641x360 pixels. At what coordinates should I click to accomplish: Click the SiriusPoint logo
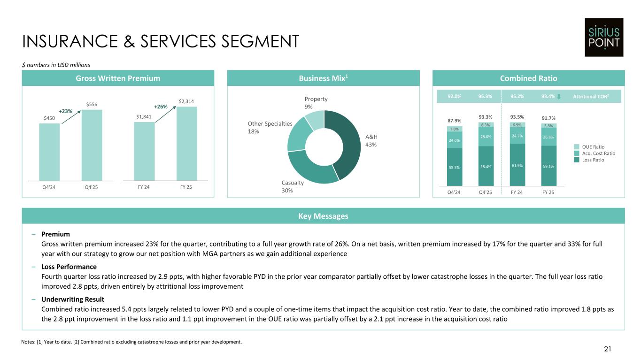coord(603,37)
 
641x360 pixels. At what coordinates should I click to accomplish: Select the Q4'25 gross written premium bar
coord(92,145)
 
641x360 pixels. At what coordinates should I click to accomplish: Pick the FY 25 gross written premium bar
coord(187,144)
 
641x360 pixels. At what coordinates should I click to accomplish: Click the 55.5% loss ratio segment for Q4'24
coord(455,167)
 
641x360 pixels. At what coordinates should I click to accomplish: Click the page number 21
coord(608,348)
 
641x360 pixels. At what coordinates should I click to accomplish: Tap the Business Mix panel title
coord(323,78)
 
